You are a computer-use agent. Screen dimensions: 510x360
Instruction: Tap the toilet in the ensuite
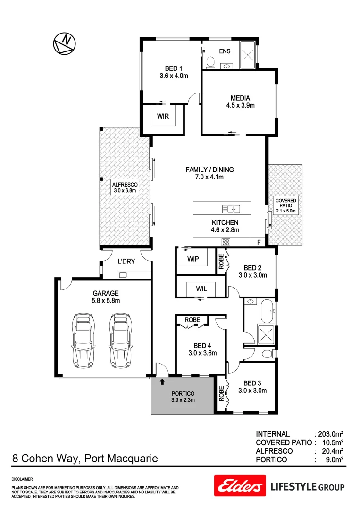tap(210, 62)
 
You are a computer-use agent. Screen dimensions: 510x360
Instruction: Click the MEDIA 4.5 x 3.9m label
tap(240, 102)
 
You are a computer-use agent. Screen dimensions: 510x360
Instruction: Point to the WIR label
tap(163, 116)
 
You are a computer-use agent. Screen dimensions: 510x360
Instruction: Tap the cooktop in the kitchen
tap(226, 242)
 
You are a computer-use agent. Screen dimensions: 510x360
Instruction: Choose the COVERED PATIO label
tap(285, 206)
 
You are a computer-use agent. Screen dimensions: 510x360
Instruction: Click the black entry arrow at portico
tap(162, 381)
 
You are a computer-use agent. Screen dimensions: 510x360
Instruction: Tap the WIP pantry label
tap(193, 259)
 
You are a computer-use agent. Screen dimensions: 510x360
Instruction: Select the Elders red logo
tap(239, 485)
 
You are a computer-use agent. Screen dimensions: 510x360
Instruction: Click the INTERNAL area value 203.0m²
tap(329, 434)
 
